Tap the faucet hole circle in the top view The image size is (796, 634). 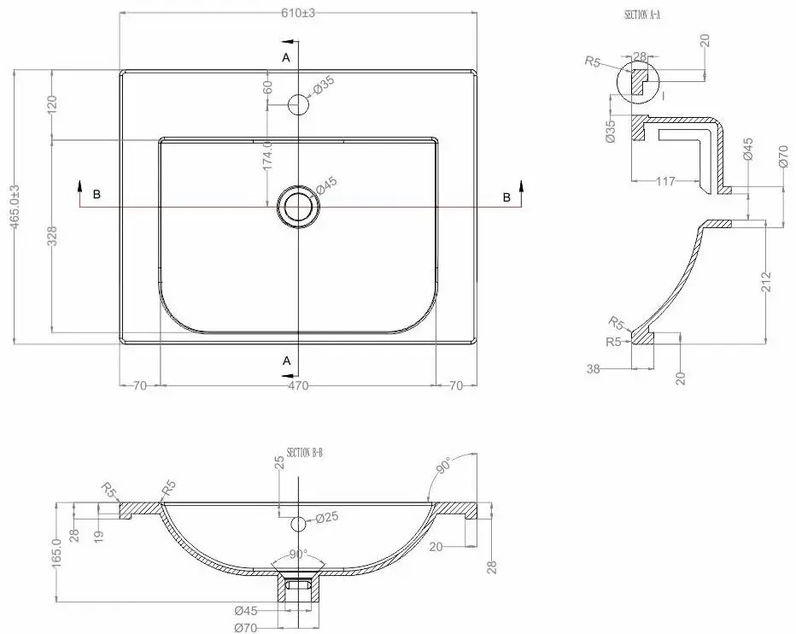[297, 104]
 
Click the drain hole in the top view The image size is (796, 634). [297, 206]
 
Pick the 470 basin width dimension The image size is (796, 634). [297, 385]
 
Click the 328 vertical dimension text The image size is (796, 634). [52, 237]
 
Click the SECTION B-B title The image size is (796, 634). [305, 453]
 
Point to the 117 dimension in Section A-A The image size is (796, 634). [667, 181]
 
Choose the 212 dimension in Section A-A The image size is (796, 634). [765, 281]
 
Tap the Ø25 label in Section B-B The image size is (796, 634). [328, 518]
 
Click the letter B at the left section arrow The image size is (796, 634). [97, 195]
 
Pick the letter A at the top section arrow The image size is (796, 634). [287, 56]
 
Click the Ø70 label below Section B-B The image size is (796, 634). [246, 627]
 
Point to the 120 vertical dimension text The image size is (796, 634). [52, 105]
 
